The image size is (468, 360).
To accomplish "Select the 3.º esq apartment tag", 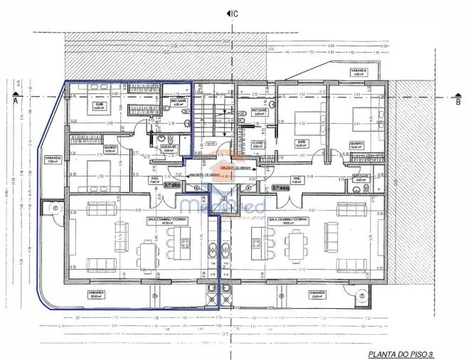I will pyautogui.click(x=280, y=186).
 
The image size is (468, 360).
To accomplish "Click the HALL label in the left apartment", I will pyautogui.click(x=154, y=179).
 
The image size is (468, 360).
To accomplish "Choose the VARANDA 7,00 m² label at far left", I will pyautogui.click(x=52, y=159).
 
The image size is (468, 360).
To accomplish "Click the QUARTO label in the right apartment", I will pyautogui.click(x=356, y=144).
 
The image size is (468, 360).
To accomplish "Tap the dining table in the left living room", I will pyautogui.click(x=149, y=250).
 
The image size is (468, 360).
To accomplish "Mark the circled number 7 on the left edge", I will pyautogui.click(x=54, y=208).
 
